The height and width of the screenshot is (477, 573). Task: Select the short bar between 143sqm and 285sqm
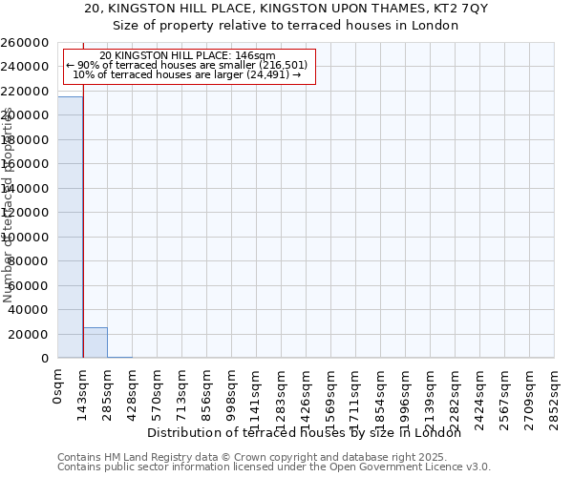click(95, 342)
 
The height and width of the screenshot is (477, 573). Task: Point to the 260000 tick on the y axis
click(26, 43)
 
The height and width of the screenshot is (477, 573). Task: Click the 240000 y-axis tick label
click(26, 67)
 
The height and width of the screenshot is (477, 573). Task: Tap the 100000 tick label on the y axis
click(26, 237)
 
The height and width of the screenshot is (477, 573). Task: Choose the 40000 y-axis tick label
click(30, 310)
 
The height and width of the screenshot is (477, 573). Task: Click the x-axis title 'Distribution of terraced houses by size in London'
click(305, 432)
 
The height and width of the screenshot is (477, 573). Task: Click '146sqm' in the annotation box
click(256, 56)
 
